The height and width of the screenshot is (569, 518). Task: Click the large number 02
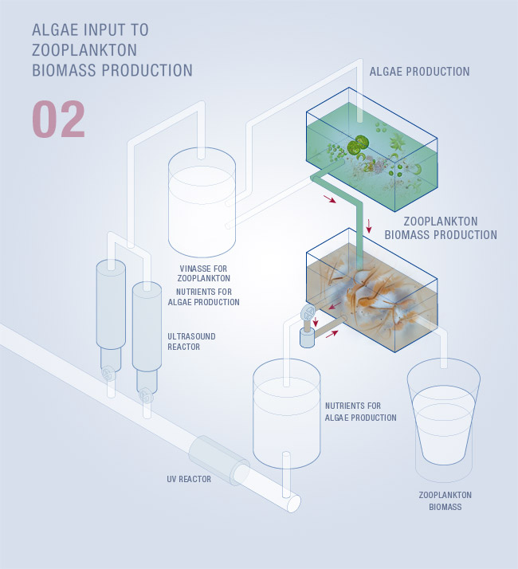tap(58, 120)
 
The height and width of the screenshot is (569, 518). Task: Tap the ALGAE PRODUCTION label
tap(419, 72)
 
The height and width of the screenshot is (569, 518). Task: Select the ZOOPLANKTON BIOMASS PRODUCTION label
tap(441, 228)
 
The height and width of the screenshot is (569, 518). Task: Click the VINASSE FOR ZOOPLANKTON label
tap(205, 273)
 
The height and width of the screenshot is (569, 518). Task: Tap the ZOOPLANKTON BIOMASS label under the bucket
tap(439, 500)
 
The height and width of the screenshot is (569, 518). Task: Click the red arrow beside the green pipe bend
tap(329, 200)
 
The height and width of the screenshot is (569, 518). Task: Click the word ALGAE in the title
tap(56, 29)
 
